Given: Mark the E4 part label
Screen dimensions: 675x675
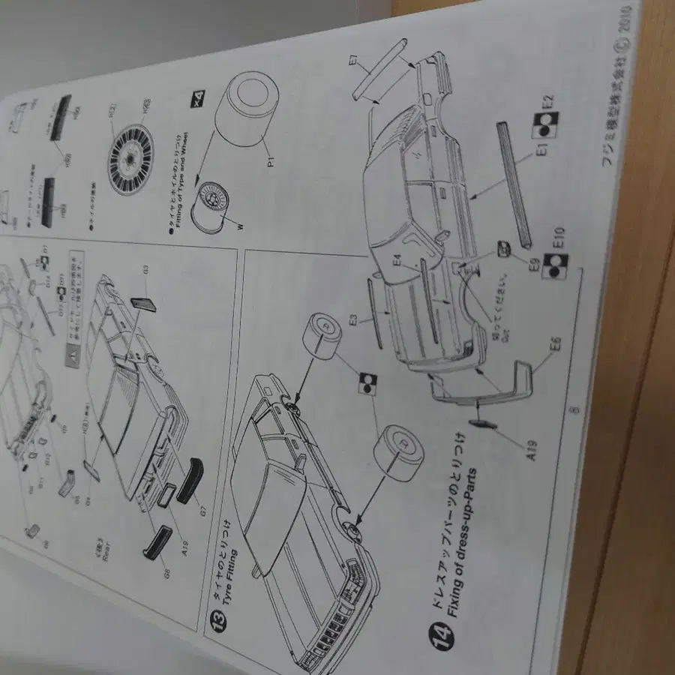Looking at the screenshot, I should [397, 263].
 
